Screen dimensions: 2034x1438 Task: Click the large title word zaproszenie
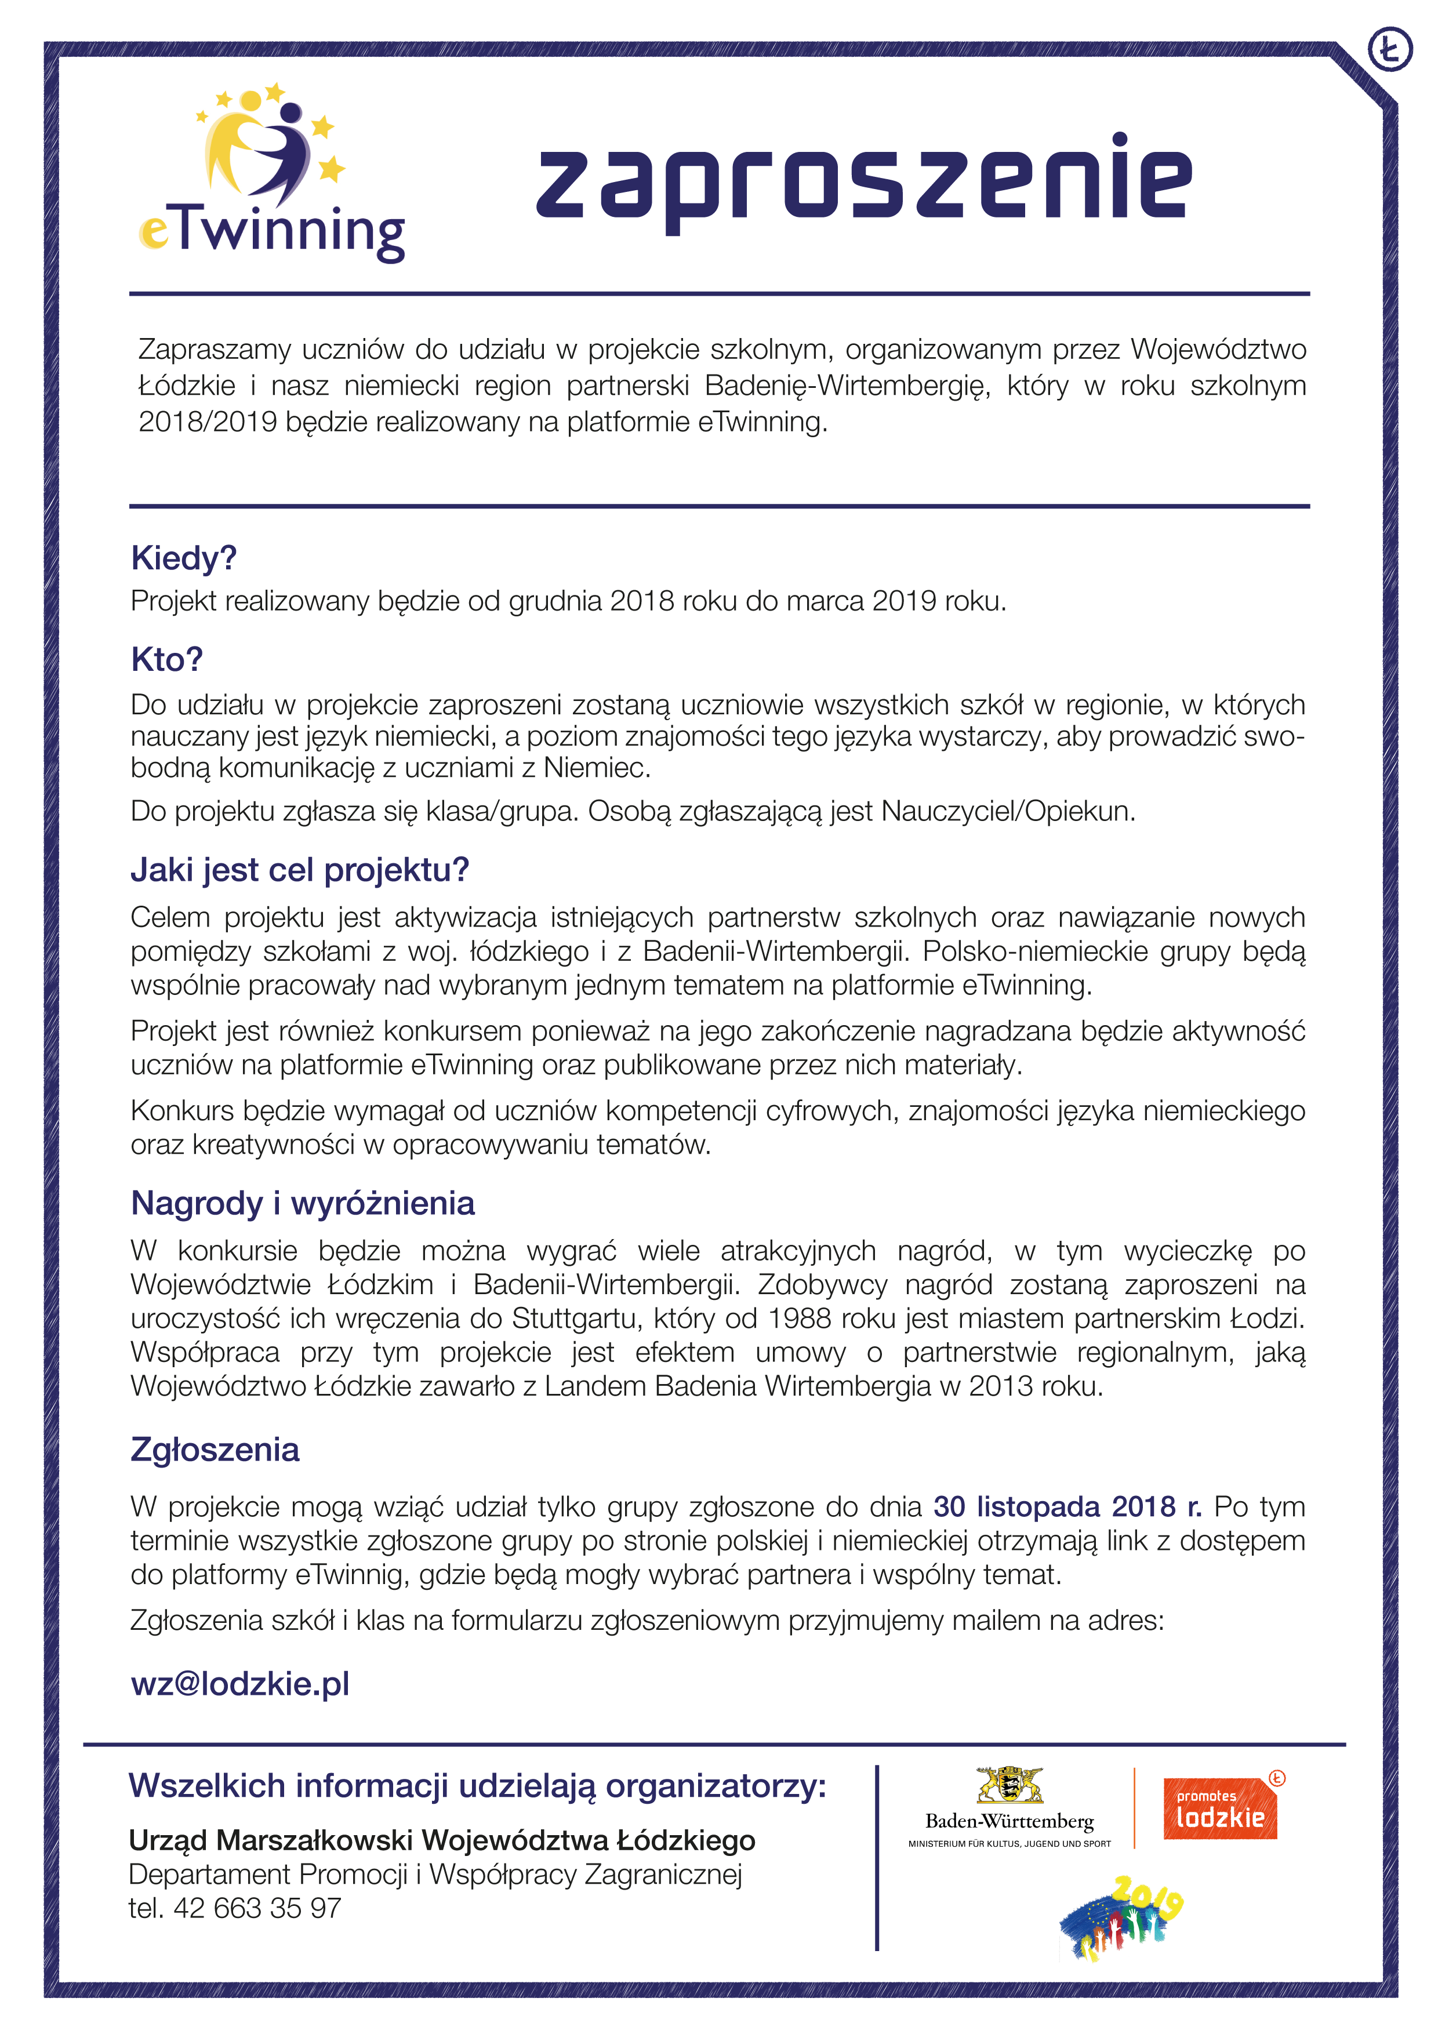864,181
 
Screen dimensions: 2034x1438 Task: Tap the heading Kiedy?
183,558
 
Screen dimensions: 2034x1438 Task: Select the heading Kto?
166,659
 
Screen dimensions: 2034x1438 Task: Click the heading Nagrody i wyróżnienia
302,1203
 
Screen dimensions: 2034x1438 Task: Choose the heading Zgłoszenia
215,1450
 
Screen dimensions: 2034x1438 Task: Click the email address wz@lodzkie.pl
240,1683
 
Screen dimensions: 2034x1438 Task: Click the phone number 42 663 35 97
257,1908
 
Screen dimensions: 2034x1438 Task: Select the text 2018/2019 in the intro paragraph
208,422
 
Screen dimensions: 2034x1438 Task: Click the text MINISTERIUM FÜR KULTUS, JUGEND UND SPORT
1009,1844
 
